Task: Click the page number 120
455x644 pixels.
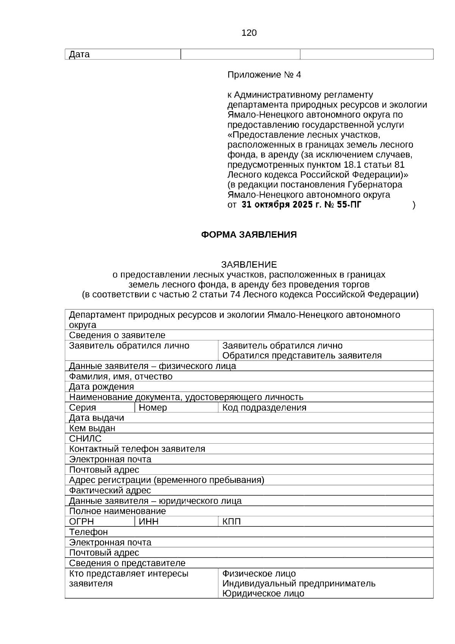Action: click(249, 33)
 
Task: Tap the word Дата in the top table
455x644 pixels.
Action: click(79, 54)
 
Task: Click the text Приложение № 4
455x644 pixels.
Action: click(264, 75)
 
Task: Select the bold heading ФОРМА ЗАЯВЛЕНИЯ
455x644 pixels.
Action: click(249, 235)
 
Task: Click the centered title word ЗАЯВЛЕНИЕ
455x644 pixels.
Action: click(249, 265)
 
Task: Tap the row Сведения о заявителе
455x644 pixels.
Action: click(117, 335)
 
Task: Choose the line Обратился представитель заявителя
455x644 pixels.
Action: click(302, 356)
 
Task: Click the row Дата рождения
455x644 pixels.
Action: click(101, 387)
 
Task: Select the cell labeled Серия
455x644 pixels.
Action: click(82, 408)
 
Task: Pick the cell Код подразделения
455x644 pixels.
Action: click(264, 408)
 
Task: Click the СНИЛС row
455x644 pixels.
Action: click(85, 439)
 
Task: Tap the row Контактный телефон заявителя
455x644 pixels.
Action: click(137, 449)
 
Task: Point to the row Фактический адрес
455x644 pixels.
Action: click(110, 490)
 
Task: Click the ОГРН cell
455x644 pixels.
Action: click(81, 521)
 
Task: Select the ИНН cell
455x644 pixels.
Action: click(149, 521)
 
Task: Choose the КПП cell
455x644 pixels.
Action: click(231, 521)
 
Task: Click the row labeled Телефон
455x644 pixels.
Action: click(88, 532)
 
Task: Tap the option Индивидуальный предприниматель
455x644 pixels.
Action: click(299, 583)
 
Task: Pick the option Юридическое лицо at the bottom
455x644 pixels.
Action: click(263, 593)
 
